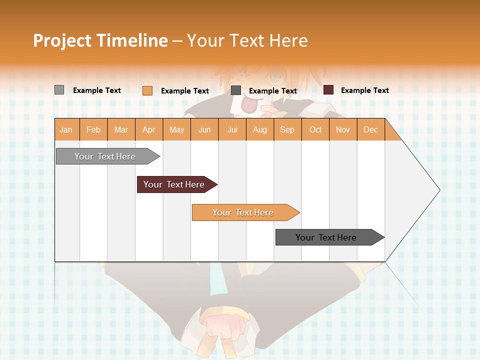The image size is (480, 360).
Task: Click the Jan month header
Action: (66, 129)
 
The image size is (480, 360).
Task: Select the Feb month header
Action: (93, 129)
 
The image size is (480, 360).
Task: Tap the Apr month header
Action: (149, 129)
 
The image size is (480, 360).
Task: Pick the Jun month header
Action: (204, 129)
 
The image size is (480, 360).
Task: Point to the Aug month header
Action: (260, 129)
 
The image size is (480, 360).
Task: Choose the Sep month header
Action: (287, 129)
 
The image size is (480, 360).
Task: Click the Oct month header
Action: (315, 129)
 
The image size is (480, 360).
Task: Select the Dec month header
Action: (371, 129)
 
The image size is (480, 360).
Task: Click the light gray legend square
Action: (59, 90)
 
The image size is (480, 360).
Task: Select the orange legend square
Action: (147, 90)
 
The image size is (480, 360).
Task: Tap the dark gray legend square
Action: (236, 90)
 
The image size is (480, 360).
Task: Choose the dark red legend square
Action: (328, 90)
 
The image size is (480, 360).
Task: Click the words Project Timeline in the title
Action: (100, 40)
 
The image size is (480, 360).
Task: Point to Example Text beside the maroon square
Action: (365, 90)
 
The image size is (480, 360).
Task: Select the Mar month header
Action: (121, 129)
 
